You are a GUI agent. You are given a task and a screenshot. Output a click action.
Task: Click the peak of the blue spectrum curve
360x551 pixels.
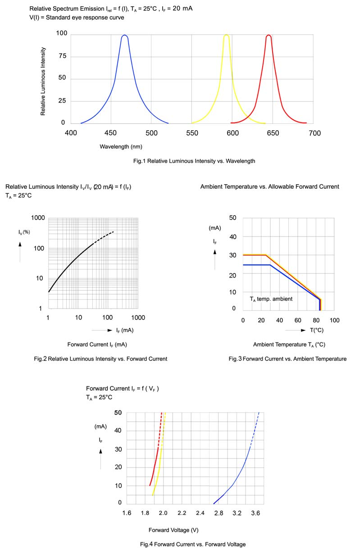click(x=124, y=36)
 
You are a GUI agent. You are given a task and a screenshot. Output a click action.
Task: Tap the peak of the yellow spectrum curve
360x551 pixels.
click(x=226, y=36)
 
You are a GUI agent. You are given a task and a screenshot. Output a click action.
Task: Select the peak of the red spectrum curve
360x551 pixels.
click(x=269, y=36)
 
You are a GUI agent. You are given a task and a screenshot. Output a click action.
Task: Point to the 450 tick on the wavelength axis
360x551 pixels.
click(x=111, y=133)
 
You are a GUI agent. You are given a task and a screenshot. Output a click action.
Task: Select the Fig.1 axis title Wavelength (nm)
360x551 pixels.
click(x=121, y=146)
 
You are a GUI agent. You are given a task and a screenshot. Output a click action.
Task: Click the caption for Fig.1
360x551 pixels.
click(x=201, y=161)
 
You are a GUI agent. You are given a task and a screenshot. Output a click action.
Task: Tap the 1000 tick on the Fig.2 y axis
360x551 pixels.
click(x=38, y=218)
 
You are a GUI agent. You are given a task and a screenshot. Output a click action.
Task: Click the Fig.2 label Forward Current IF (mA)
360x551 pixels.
click(x=97, y=345)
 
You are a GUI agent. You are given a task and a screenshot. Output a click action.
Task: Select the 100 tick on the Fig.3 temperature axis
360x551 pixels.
click(x=334, y=320)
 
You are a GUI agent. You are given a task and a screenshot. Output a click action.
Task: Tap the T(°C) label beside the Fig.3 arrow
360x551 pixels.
click(x=316, y=330)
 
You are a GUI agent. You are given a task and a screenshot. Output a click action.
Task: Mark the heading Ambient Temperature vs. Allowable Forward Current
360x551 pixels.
click(x=269, y=187)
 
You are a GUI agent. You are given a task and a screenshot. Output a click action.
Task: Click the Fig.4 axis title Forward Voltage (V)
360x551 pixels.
click(x=173, y=530)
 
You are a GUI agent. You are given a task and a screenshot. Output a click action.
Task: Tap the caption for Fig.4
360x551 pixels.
click(x=193, y=544)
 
